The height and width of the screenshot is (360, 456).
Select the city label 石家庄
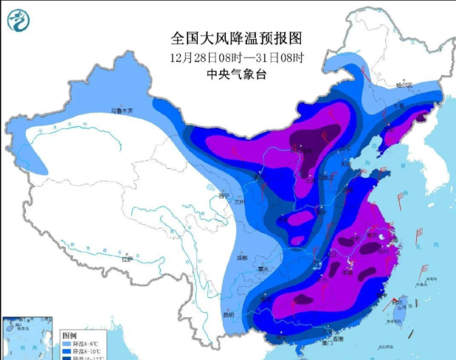(x=330, y=177)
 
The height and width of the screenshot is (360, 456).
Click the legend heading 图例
(x=70, y=334)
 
